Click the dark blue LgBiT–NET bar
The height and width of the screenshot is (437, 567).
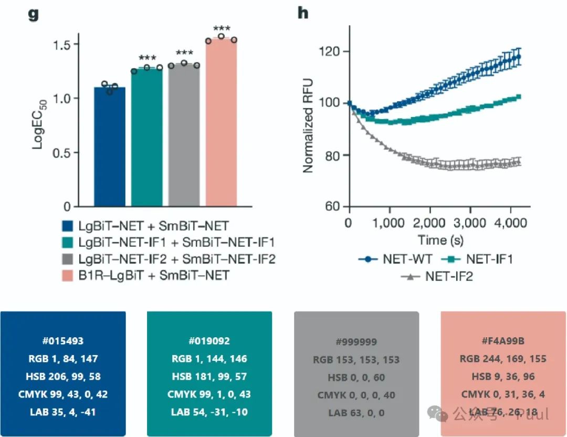(109, 147)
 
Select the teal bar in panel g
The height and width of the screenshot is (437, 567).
(146, 137)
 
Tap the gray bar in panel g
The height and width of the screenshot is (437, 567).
(184, 135)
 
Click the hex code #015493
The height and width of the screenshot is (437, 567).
(63, 340)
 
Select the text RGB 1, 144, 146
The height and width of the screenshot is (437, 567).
(209, 359)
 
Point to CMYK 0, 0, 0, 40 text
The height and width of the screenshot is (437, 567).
(356, 394)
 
